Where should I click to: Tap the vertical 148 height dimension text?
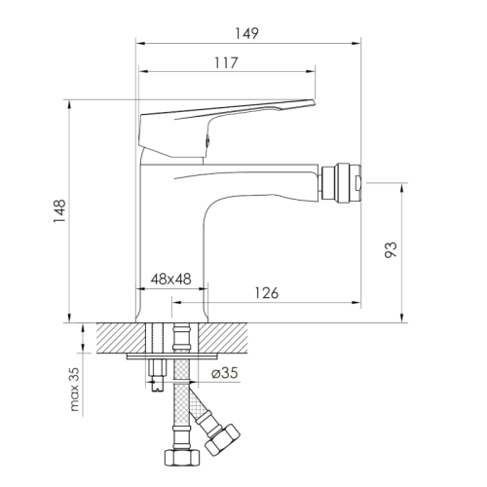tap(58, 209)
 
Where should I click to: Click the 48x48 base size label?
tap(170, 280)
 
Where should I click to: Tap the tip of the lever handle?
tap(314, 101)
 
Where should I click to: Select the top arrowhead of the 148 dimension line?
tap(70, 101)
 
